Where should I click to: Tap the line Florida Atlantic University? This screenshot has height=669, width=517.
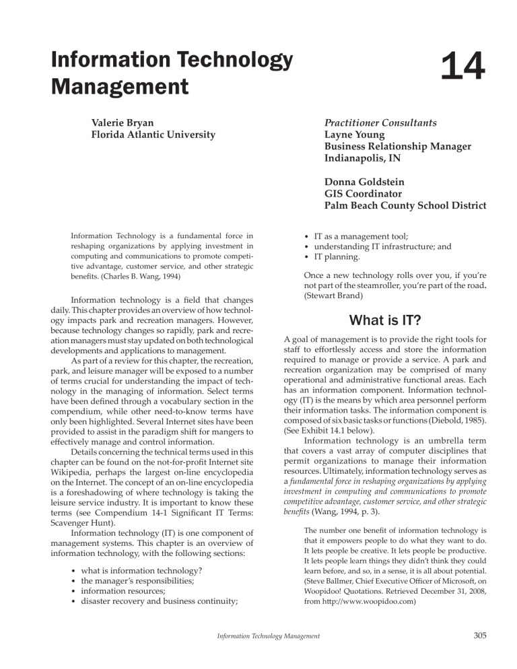153,135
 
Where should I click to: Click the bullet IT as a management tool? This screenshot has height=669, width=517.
374,236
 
